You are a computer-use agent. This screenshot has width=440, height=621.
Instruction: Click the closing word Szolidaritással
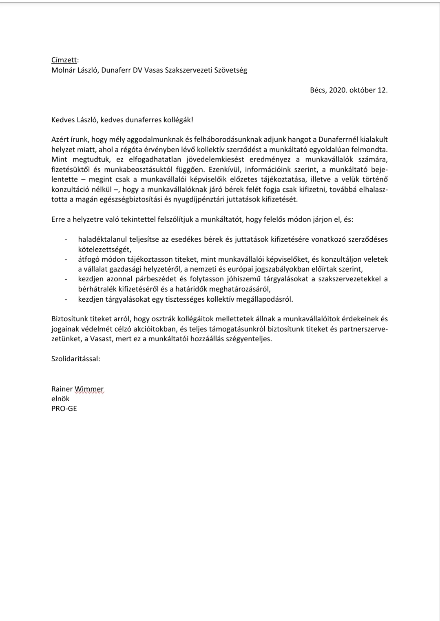(76, 359)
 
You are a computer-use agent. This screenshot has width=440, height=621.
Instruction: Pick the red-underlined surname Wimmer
(89, 389)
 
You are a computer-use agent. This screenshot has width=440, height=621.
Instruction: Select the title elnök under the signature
(60, 399)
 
